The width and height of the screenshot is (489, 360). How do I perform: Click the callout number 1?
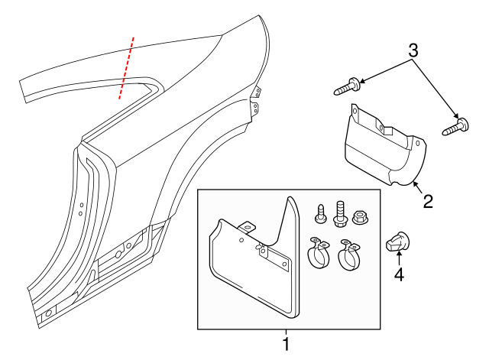(x=286, y=344)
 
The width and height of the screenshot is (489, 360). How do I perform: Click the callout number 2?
(x=428, y=202)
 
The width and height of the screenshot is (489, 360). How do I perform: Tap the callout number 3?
(x=413, y=52)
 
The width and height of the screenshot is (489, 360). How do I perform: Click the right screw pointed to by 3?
(x=456, y=125)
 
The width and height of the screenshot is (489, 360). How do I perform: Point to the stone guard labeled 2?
(x=381, y=149)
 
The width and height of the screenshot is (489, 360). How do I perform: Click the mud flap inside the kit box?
(x=252, y=268)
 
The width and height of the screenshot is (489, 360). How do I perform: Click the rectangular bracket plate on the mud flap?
(x=274, y=257)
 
